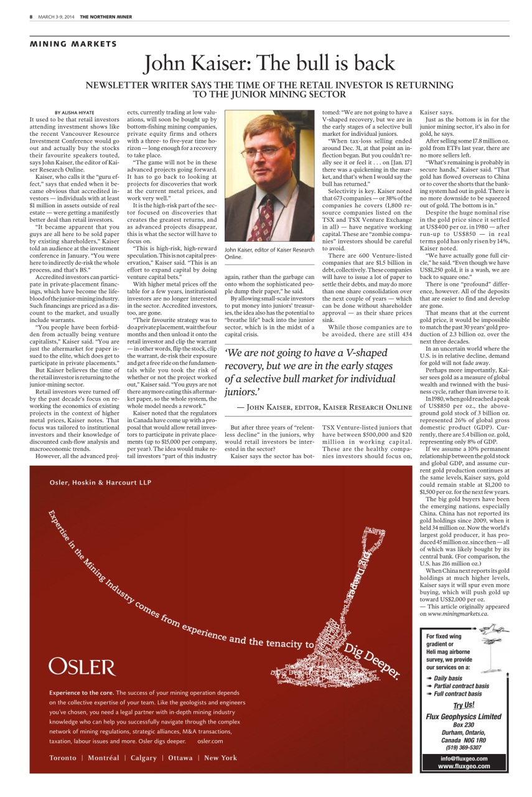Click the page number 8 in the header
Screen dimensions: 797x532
[x=30, y=17]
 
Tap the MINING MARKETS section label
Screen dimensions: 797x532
[x=73, y=44]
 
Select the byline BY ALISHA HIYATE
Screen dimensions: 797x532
[x=75, y=112]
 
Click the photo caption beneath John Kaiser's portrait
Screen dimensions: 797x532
[x=269, y=253]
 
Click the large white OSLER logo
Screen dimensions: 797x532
[x=82, y=667]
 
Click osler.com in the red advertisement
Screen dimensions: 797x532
[x=210, y=741]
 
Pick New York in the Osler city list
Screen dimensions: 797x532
[x=220, y=758]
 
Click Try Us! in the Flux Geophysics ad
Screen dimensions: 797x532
[x=464, y=705]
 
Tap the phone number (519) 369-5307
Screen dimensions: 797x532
[x=464, y=747]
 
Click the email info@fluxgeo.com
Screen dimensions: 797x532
[x=464, y=758]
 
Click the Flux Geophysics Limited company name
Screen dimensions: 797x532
[x=464, y=716]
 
